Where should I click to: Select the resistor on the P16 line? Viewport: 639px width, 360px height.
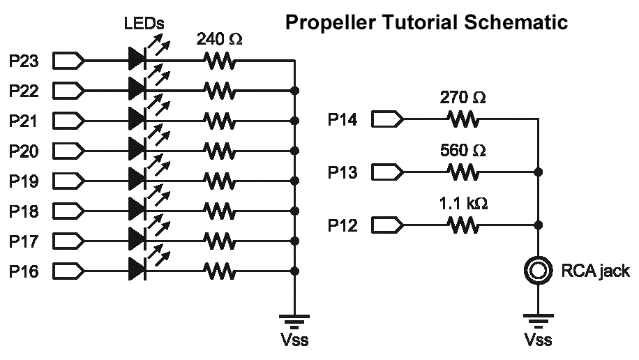click(x=220, y=271)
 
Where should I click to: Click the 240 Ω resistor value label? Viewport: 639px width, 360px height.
click(x=220, y=40)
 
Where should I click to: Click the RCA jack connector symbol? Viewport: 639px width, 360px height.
click(x=538, y=271)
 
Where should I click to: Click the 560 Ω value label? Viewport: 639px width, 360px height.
click(x=463, y=151)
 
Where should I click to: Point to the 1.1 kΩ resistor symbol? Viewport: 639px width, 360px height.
click(x=463, y=225)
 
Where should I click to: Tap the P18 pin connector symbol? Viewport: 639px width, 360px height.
click(x=68, y=211)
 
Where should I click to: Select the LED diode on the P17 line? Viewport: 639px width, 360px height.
click(x=137, y=241)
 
